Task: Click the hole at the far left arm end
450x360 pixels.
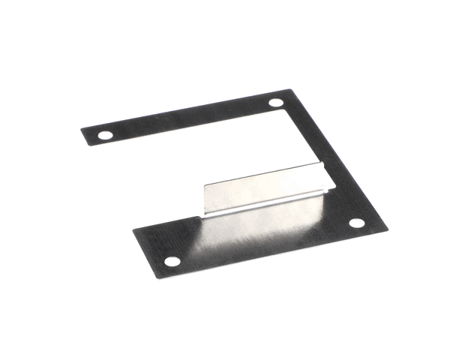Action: [106, 136]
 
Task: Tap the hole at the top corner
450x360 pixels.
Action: [276, 102]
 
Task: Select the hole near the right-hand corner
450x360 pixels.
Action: [356, 223]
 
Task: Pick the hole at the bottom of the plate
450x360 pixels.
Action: [172, 262]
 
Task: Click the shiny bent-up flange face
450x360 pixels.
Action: [262, 190]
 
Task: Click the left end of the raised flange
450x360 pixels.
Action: [205, 199]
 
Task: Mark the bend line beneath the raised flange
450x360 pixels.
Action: [266, 206]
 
